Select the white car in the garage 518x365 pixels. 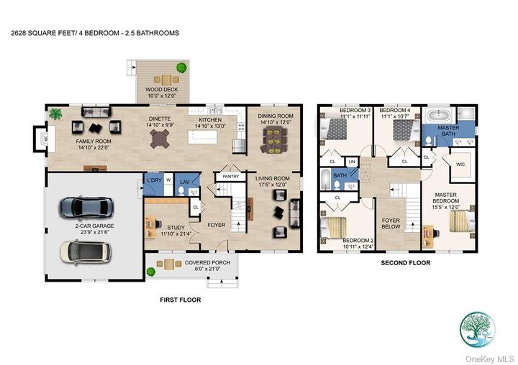point(85,251)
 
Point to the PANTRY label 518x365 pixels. point(231,176)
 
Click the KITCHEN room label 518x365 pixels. point(209,120)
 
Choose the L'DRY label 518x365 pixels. point(153,180)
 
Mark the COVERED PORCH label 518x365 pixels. point(207,263)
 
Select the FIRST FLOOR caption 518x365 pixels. point(180,300)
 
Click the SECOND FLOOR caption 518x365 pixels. point(405,263)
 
